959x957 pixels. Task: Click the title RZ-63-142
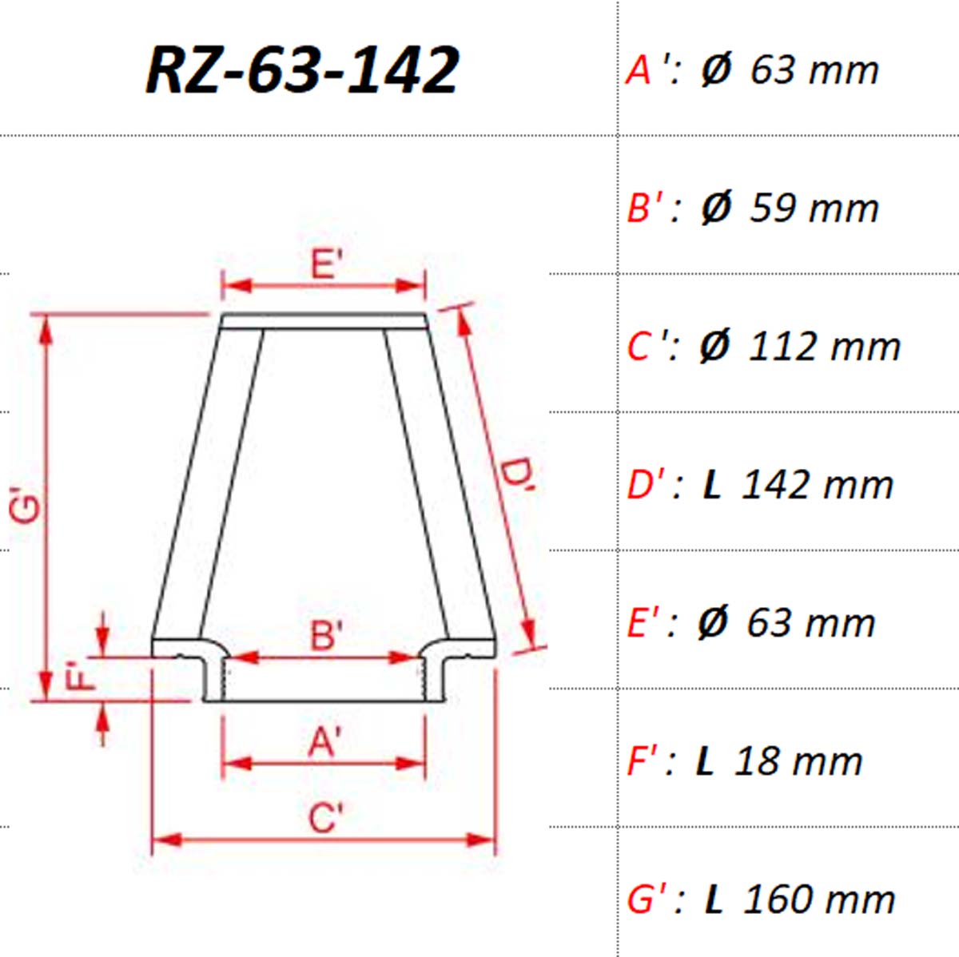click(x=302, y=69)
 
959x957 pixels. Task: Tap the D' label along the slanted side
click(x=516, y=477)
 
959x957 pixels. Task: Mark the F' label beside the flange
click(x=80, y=677)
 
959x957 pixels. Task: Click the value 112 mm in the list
click(x=824, y=347)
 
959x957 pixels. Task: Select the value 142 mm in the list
click(x=818, y=485)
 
